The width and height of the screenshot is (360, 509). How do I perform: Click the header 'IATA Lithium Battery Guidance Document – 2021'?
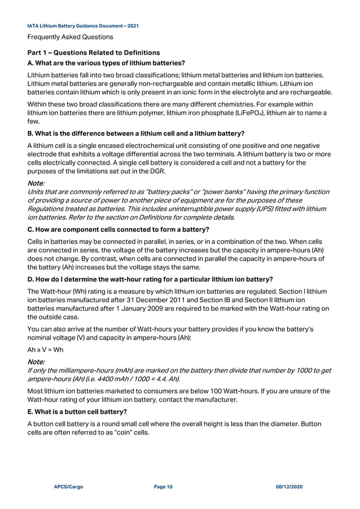tap(83, 26)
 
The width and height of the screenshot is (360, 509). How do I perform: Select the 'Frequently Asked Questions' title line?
tap(70, 37)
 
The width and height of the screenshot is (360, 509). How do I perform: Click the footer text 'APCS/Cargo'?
tap(68, 486)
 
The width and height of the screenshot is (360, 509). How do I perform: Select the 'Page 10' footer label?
tap(163, 486)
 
